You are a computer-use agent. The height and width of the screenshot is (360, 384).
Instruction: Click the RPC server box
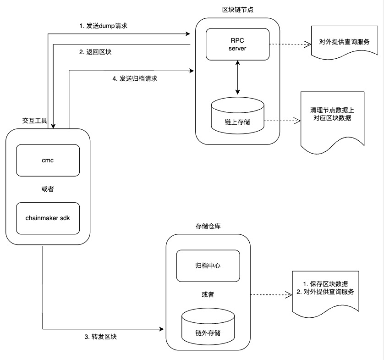click(237, 44)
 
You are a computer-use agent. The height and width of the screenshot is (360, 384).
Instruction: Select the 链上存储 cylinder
click(237, 117)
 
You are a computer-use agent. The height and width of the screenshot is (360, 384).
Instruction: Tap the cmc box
click(48, 161)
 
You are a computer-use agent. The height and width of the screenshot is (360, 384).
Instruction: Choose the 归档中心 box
click(208, 266)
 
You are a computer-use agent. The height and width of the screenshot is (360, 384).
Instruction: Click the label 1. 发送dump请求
click(103, 26)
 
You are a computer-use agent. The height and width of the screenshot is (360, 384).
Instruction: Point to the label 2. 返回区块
click(96, 52)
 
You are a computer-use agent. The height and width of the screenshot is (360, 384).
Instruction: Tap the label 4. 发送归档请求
click(136, 78)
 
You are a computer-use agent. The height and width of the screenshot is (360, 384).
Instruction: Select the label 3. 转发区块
click(101, 337)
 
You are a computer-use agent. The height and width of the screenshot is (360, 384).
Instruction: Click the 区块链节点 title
click(237, 10)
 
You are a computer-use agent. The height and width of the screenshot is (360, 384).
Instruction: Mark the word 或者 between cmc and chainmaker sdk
click(48, 189)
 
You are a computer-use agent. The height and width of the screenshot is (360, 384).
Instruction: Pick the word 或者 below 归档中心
click(208, 294)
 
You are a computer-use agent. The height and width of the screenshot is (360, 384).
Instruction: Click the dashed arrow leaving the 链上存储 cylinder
click(281, 122)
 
